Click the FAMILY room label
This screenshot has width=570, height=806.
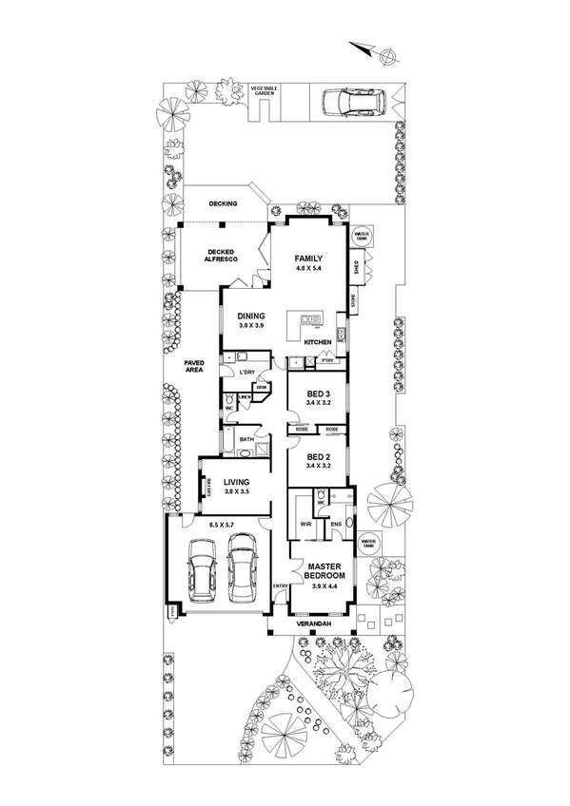click(x=308, y=259)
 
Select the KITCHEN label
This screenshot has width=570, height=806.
click(x=317, y=342)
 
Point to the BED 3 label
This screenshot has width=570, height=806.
click(x=318, y=394)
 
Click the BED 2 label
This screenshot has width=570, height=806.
click(x=318, y=458)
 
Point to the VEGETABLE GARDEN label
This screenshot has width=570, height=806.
click(x=263, y=91)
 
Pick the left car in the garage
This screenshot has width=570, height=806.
click(x=201, y=569)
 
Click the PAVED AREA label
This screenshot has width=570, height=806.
click(x=181, y=366)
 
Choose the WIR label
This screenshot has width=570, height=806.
click(x=306, y=524)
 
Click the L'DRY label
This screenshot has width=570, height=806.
click(x=249, y=372)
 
